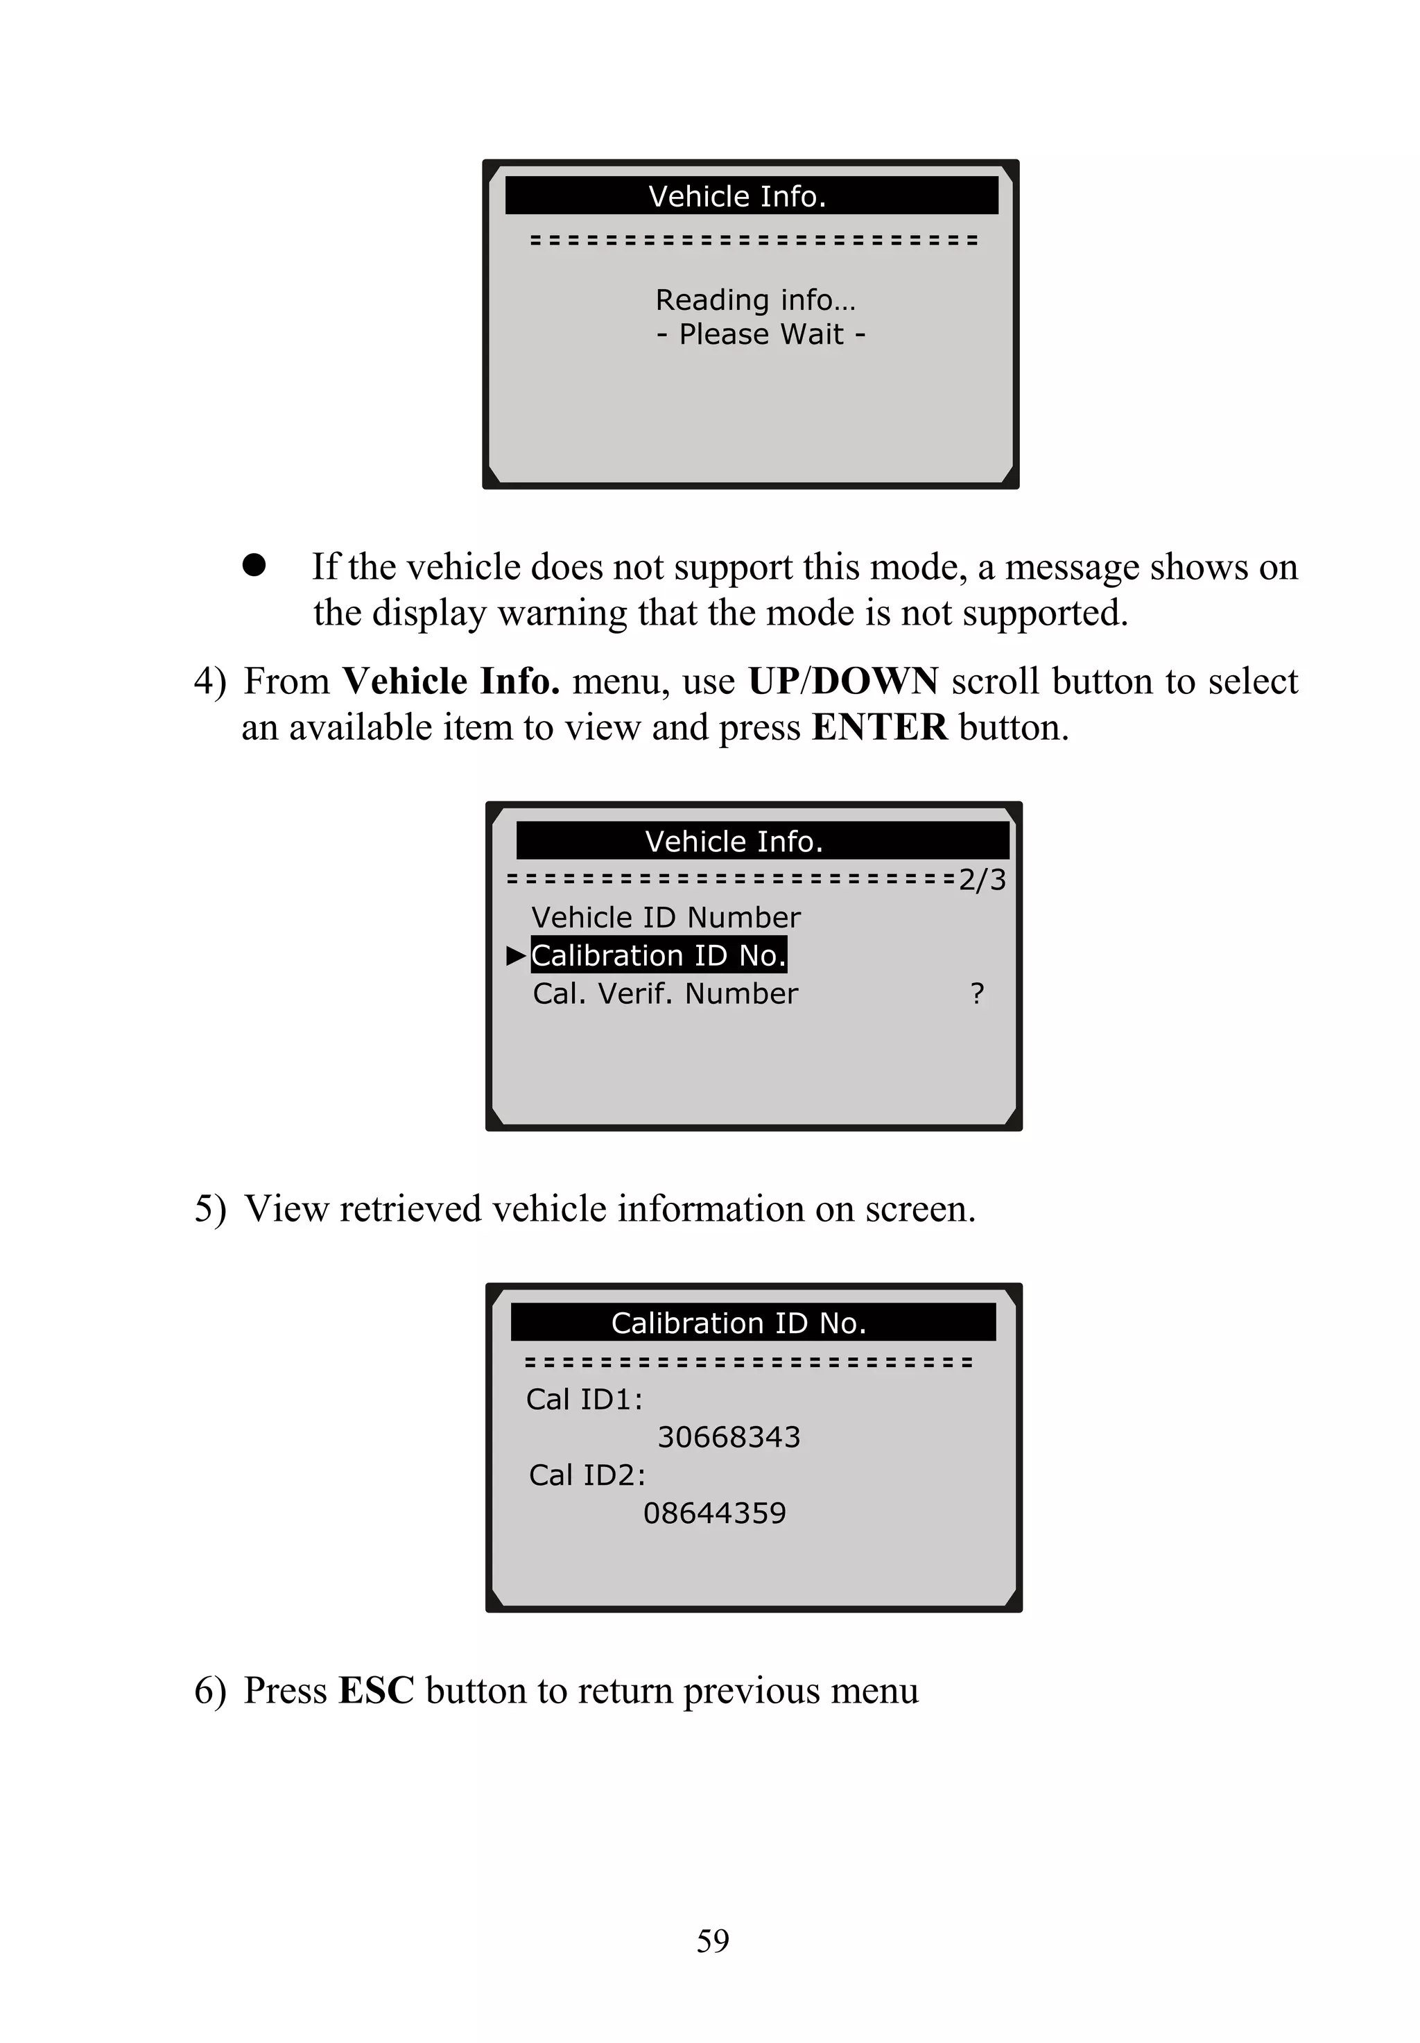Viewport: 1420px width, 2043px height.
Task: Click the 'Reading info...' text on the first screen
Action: tap(754, 301)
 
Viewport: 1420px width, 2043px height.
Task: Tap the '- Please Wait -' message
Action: tap(761, 334)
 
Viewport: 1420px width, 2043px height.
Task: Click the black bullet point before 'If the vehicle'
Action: tap(254, 566)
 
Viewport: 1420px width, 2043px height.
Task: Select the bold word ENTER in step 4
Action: tap(879, 727)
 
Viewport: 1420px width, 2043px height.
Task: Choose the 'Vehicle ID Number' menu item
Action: tap(666, 917)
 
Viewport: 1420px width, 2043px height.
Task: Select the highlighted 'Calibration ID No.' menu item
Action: tap(659, 955)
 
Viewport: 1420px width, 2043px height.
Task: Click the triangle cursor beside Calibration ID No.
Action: tap(516, 956)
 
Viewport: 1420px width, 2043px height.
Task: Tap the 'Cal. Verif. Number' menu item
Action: tap(665, 993)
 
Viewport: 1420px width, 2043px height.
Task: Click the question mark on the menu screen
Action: tap(977, 993)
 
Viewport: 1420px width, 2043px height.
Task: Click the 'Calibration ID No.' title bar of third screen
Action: tap(738, 1323)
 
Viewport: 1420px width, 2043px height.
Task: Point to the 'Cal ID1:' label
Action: tap(584, 1399)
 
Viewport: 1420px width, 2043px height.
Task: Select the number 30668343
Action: tap(729, 1437)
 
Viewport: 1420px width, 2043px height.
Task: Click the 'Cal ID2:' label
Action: tap(587, 1475)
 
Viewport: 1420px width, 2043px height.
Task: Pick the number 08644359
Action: tap(714, 1513)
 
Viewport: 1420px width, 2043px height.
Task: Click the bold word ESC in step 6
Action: tap(376, 1691)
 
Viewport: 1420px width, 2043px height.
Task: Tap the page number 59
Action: tap(713, 1940)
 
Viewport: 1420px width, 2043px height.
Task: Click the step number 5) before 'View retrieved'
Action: tap(210, 1210)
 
